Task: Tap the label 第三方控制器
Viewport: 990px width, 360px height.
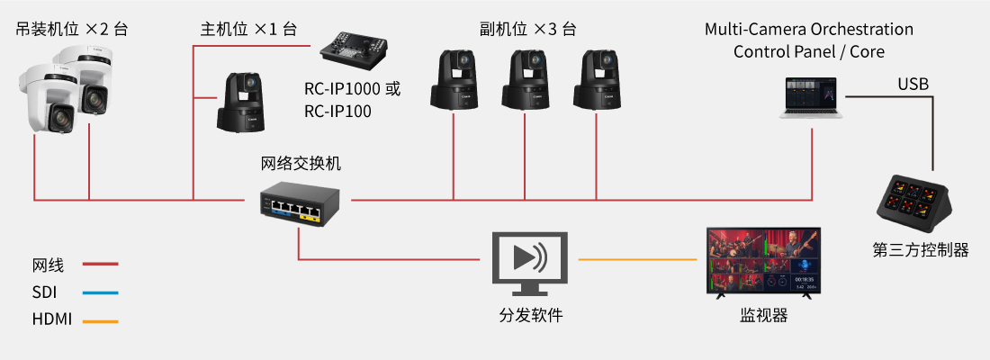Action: pyautogui.click(x=921, y=249)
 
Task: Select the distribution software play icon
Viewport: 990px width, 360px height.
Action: pyautogui.click(x=530, y=260)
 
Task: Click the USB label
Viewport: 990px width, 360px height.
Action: pyautogui.click(x=913, y=85)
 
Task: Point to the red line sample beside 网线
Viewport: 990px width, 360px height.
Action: pyautogui.click(x=100, y=265)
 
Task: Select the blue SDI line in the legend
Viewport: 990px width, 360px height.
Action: pyautogui.click(x=100, y=292)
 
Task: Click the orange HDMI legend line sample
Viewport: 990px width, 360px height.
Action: pyautogui.click(x=100, y=320)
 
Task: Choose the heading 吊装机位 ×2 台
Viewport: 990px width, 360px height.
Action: pyautogui.click(x=72, y=29)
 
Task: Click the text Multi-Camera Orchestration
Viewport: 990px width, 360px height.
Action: pyautogui.click(x=808, y=30)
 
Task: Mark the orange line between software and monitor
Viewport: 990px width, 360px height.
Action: pyautogui.click(x=639, y=260)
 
